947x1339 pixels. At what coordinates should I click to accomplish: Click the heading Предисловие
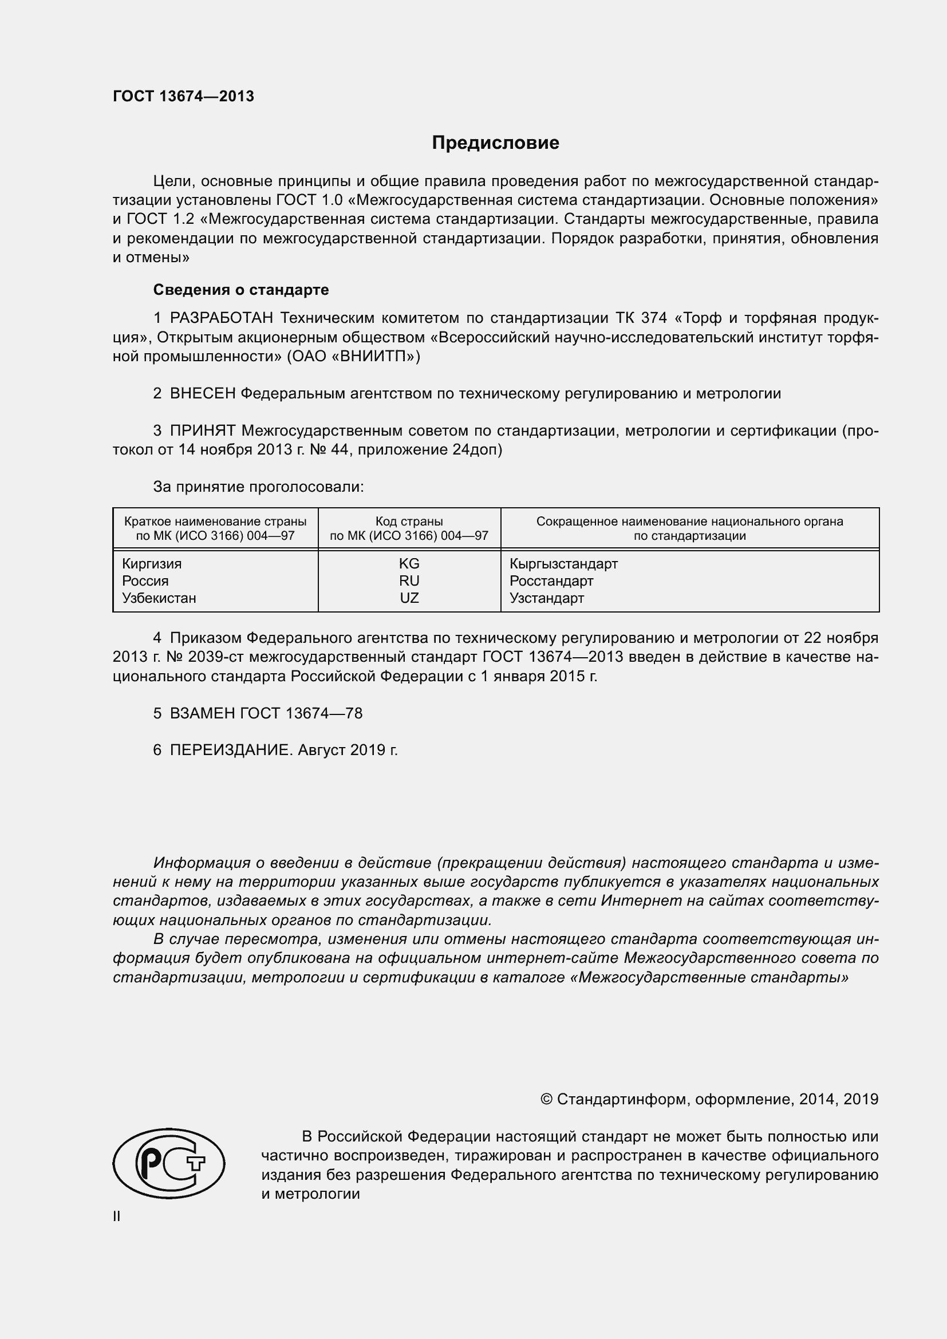pos(495,143)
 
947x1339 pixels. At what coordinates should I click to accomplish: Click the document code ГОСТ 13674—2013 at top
pos(183,96)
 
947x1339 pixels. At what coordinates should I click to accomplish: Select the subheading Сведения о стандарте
pos(240,290)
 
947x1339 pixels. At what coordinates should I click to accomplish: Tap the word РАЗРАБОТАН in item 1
pos(222,318)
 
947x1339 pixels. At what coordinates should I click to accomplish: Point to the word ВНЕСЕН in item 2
pos(203,394)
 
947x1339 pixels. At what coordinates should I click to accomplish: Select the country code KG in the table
pos(409,564)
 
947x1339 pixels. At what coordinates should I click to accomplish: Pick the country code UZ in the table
pos(409,598)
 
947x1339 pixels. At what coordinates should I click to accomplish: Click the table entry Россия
pos(145,581)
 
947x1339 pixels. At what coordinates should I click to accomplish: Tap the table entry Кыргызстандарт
pos(563,564)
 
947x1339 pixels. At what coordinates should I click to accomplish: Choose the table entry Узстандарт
pos(546,598)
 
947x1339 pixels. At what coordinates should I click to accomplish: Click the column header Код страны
pos(409,522)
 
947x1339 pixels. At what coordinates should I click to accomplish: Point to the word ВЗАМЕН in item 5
pos(202,713)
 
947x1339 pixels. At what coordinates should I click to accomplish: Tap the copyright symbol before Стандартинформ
pos(546,1099)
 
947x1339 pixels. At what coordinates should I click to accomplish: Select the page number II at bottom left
pos(117,1216)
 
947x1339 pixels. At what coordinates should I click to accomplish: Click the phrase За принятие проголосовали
pos(258,487)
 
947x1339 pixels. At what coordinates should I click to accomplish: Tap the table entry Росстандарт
pos(551,581)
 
